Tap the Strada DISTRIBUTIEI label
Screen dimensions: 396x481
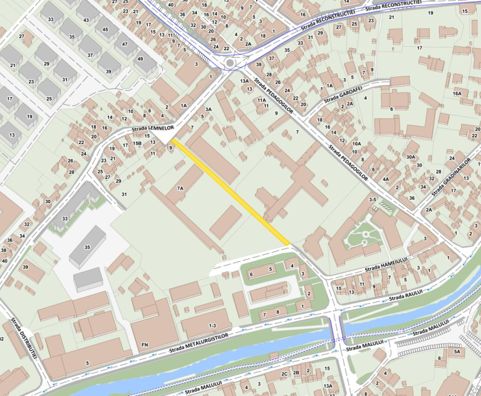[x=24, y=338]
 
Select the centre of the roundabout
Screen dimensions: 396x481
[x=230, y=62]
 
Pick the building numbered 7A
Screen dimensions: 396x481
[x=180, y=188]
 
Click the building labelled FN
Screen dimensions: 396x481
[x=145, y=345]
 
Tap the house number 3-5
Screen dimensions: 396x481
[x=373, y=199]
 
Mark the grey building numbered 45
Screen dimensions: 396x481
[x=106, y=29]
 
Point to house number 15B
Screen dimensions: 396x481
[x=137, y=143]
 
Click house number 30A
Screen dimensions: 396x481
[x=411, y=157]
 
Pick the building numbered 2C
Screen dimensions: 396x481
[x=284, y=373]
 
